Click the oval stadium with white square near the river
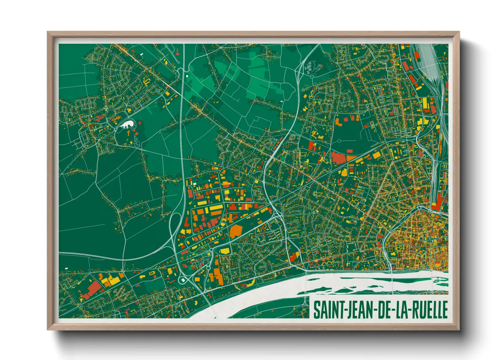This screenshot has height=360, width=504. (183, 280)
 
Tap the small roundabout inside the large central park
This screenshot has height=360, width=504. (339, 141)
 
